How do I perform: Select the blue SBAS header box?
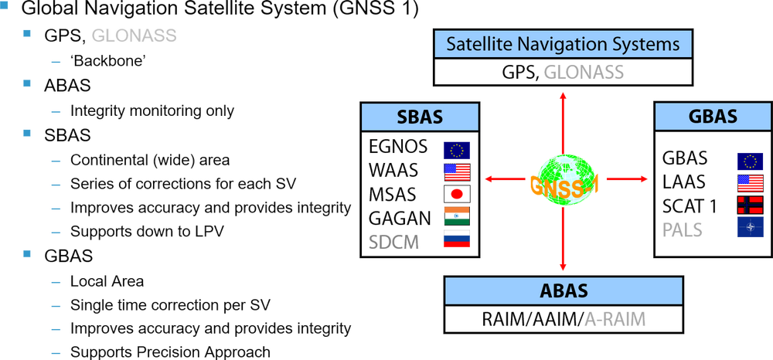(x=420, y=117)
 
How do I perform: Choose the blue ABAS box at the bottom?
(x=564, y=291)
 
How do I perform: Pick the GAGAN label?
(x=397, y=218)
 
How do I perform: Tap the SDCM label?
(x=393, y=242)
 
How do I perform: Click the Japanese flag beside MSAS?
(x=457, y=192)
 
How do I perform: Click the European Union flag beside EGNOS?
(x=457, y=149)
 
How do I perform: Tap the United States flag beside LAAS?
(x=750, y=183)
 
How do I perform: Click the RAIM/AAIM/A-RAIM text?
(x=563, y=318)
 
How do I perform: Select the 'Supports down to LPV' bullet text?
(x=146, y=231)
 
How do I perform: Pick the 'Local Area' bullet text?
(x=107, y=280)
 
